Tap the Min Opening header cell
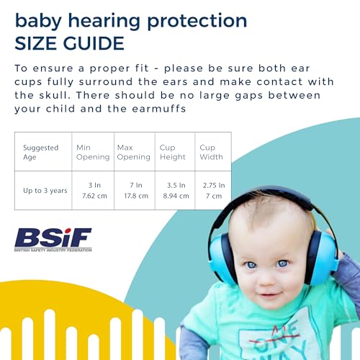point(92,152)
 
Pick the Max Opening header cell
point(133,152)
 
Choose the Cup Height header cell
point(174,152)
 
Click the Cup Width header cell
point(212,152)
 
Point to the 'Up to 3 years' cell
point(45,190)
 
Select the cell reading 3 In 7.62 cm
point(92,190)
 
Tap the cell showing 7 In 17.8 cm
point(133,190)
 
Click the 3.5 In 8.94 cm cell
point(174,190)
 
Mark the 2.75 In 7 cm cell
point(212,190)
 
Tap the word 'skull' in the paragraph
point(53,95)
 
